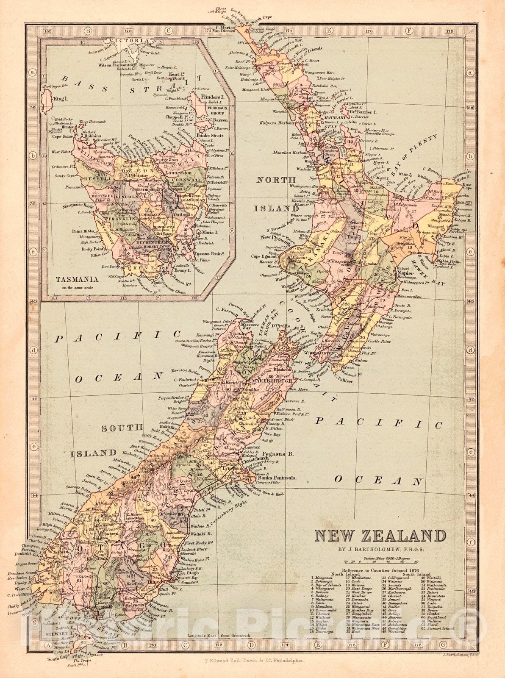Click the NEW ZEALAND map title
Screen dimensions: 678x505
(380, 536)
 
